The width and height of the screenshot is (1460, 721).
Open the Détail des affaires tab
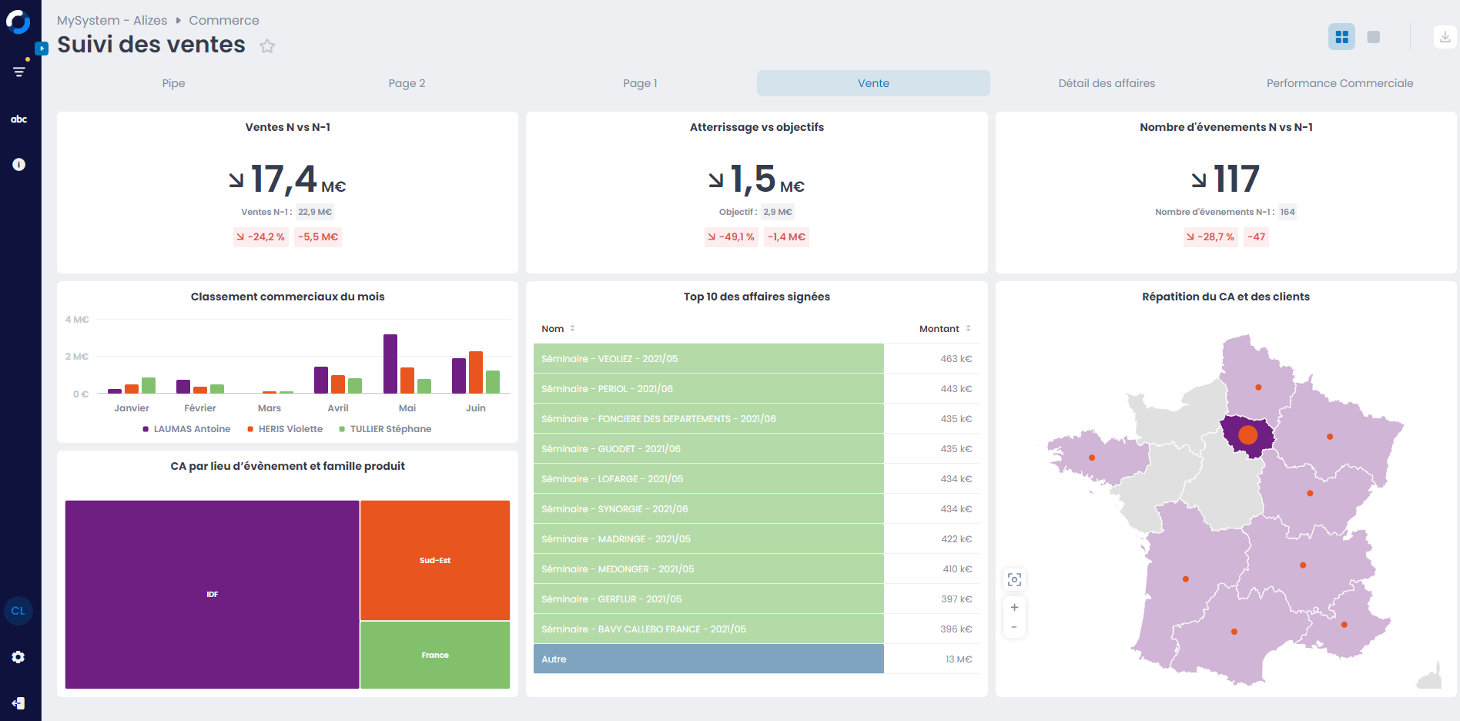tap(1106, 83)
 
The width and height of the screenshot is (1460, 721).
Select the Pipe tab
tap(173, 83)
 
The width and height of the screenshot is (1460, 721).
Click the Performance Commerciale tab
tap(1339, 83)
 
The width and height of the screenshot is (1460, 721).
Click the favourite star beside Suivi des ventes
tap(267, 46)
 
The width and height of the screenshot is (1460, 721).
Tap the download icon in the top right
tap(1445, 37)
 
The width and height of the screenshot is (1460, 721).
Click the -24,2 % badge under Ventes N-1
tap(260, 237)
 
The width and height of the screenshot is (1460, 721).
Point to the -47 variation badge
tap(1256, 237)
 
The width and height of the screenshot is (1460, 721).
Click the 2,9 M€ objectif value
tap(777, 212)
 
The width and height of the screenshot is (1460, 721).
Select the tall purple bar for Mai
tap(390, 364)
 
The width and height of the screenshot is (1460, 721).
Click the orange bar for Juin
tap(476, 372)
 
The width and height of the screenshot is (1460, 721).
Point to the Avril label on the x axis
tap(338, 408)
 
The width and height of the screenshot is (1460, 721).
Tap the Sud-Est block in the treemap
tap(435, 560)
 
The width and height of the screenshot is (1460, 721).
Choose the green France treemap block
tap(435, 655)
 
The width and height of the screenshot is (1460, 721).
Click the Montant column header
tap(939, 329)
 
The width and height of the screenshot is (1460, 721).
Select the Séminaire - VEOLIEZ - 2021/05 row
tap(708, 359)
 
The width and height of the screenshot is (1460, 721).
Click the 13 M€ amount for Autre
tap(959, 659)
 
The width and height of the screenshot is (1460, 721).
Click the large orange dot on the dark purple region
tap(1247, 435)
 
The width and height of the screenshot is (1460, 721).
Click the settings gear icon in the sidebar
tap(18, 657)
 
